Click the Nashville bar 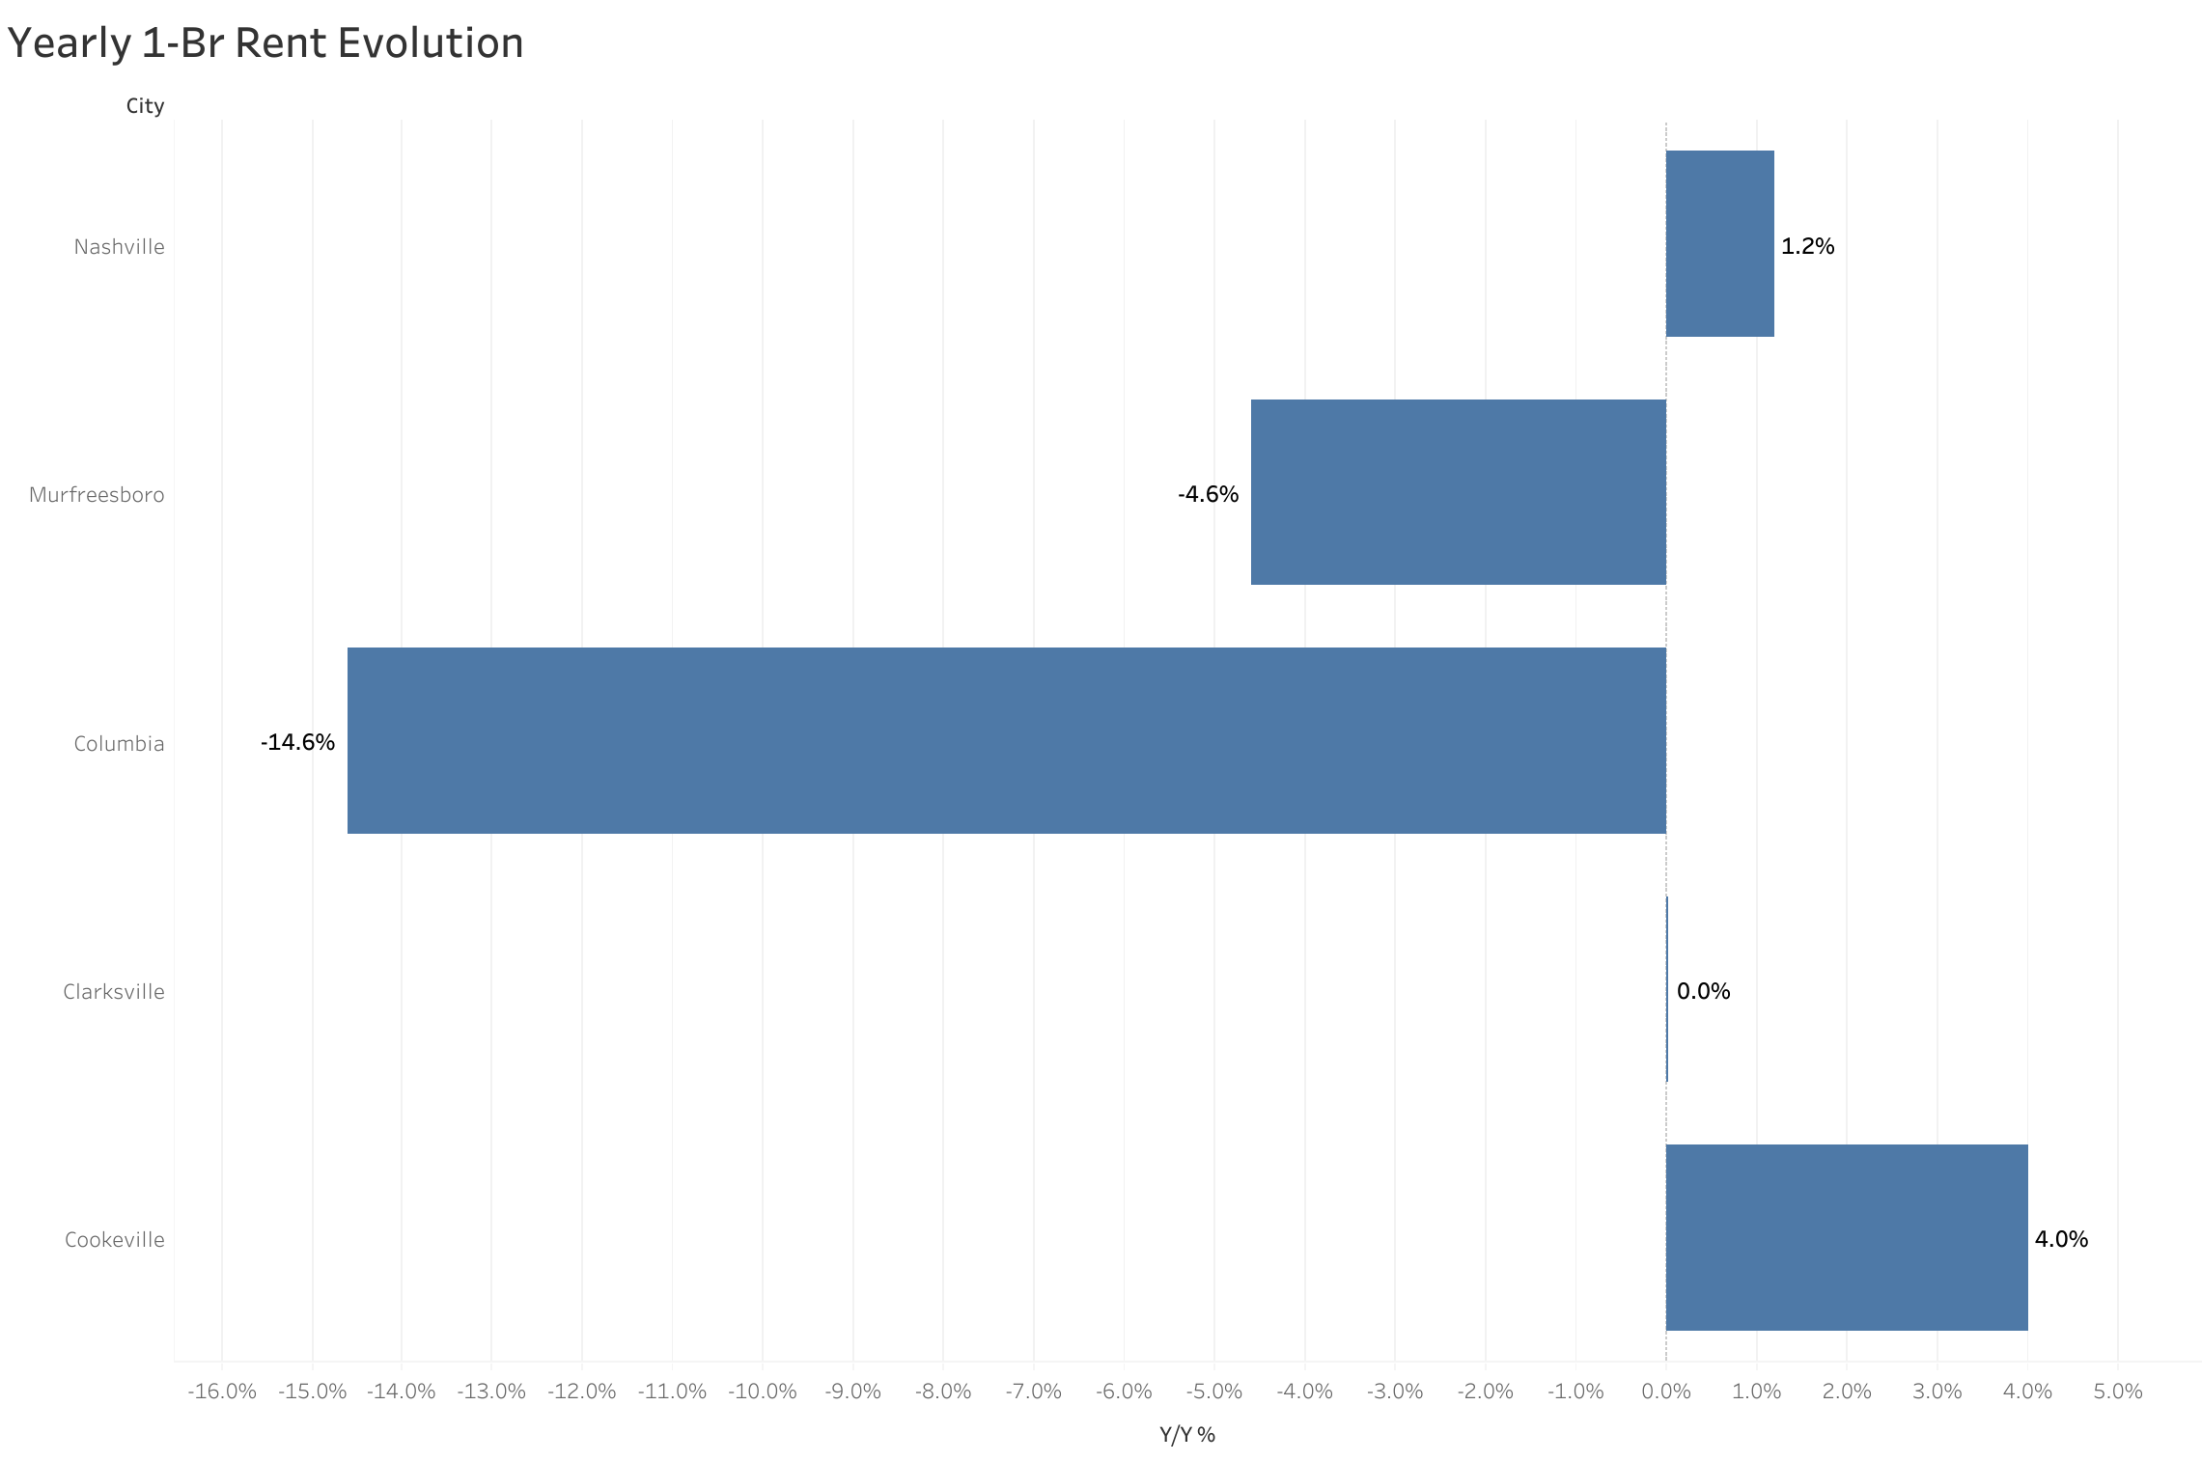coord(1719,243)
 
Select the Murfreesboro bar coord(1458,492)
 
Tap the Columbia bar coord(1006,740)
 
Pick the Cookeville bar coord(1846,1237)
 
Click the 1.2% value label coord(1807,246)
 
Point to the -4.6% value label coord(1208,494)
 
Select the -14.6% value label coord(297,742)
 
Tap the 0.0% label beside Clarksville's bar coord(1703,991)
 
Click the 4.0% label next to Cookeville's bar coord(2061,1239)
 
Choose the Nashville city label coord(119,247)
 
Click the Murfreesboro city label coord(97,495)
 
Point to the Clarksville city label coord(114,992)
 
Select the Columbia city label coord(119,744)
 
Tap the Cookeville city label coord(114,1240)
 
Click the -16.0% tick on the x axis coord(222,1392)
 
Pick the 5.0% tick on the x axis coord(2118,1392)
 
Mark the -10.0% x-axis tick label coord(763,1392)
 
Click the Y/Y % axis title coord(1186,1435)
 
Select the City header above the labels coord(145,106)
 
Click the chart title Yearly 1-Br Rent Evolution coord(265,43)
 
